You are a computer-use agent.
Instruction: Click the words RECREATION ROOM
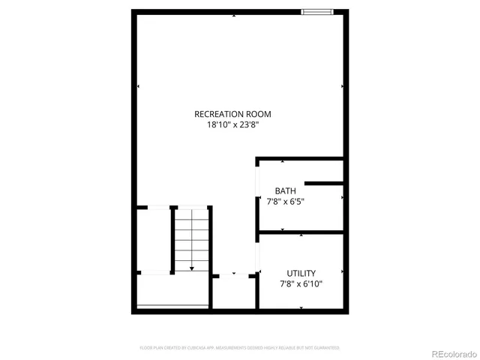[x=232, y=114]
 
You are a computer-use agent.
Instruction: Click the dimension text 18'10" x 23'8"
[x=232, y=125]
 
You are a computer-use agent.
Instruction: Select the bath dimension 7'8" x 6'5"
[x=285, y=201]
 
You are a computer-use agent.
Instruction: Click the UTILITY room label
[x=301, y=273]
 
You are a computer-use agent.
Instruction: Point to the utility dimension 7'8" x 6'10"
[x=301, y=283]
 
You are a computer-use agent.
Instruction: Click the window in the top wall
[x=317, y=11]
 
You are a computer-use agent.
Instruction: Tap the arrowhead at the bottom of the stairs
[x=192, y=267]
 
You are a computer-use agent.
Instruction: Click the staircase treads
[x=192, y=236]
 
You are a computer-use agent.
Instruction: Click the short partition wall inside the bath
[x=324, y=183]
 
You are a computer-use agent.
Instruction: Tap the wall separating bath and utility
[x=300, y=232]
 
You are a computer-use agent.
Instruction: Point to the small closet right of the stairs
[x=232, y=292]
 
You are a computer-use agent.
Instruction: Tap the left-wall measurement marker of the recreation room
[x=138, y=87]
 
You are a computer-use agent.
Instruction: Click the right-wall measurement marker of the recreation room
[x=343, y=87]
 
